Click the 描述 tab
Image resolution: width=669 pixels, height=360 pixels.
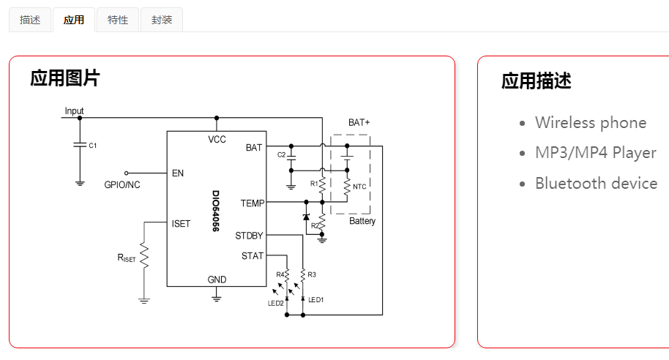point(30,20)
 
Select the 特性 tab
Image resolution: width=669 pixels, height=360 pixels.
point(118,20)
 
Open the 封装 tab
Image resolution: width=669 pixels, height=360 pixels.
point(162,20)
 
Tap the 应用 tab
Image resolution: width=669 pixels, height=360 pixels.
point(74,20)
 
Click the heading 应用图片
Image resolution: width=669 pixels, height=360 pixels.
point(64,78)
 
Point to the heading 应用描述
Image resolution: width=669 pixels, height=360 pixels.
point(536,80)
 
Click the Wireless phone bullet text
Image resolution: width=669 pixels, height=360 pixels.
point(590,122)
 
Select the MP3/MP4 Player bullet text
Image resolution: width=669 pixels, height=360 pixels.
point(595,153)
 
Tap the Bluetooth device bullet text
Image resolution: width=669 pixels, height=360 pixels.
point(596,183)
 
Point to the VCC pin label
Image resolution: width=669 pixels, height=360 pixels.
point(217,139)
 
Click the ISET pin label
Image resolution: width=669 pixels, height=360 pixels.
point(181,223)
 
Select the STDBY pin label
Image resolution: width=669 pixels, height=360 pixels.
point(249,236)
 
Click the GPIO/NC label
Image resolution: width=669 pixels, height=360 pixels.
point(122,185)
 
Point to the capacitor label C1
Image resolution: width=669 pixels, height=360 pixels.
point(92,146)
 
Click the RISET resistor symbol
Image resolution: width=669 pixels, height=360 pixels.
point(144,257)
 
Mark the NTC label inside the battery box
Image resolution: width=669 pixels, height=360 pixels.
point(359,187)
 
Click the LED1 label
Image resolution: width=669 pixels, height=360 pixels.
point(315,300)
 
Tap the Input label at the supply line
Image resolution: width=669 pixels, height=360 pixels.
point(75,111)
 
